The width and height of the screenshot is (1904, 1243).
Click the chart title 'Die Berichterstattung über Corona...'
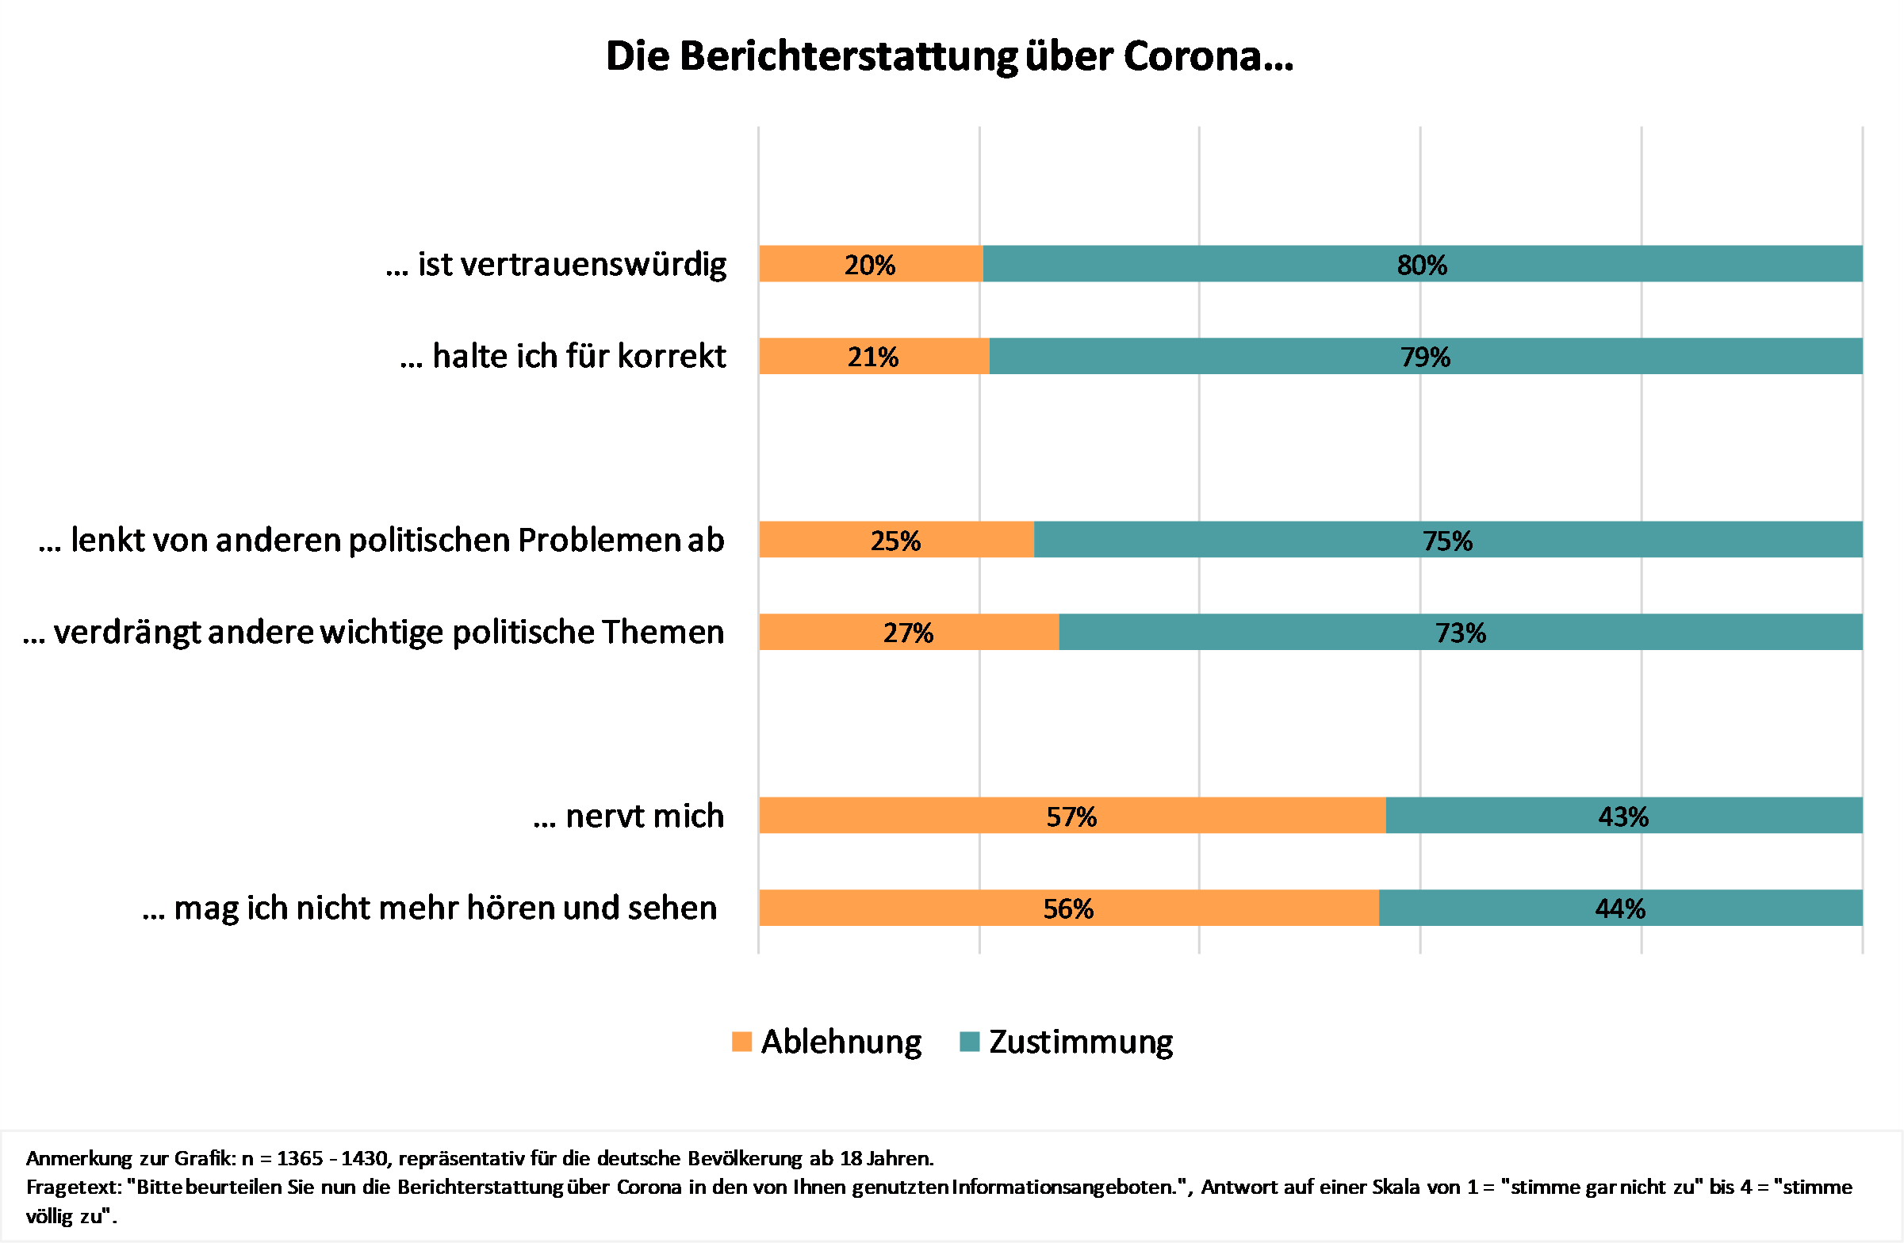[x=948, y=57]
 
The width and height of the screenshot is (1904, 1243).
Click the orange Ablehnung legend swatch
[x=741, y=1042]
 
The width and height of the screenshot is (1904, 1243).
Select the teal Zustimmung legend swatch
[x=970, y=1042]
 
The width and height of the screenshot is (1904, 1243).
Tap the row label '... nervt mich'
[x=629, y=817]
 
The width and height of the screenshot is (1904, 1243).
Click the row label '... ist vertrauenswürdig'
[x=556, y=265]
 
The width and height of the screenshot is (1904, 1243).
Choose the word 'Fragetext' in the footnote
[x=73, y=1187]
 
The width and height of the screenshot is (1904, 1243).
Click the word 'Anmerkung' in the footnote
[x=79, y=1158]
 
